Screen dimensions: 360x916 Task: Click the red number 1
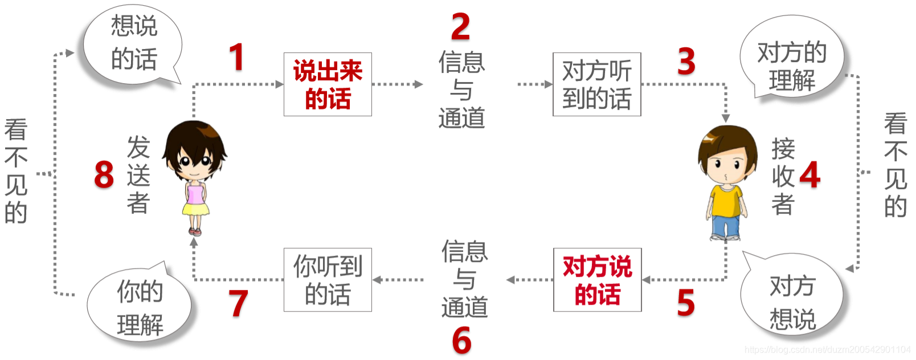coord(236,57)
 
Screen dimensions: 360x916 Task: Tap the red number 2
coord(460,27)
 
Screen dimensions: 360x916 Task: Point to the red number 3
coord(686,61)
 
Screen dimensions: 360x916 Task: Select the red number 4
coord(810,175)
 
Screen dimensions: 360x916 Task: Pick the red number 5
coord(686,302)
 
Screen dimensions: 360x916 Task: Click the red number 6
coord(462,341)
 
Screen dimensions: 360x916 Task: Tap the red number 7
coord(239,303)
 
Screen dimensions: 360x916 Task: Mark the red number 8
coord(104,174)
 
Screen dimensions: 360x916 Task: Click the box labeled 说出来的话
coord(328,84)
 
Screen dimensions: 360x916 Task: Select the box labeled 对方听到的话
coord(596,84)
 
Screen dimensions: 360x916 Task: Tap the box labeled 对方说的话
coord(597,280)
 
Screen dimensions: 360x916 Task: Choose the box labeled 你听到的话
coord(328,280)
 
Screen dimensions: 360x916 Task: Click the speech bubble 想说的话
coord(133,43)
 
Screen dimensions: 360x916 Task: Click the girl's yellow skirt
coord(195,209)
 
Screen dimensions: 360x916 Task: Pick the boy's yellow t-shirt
coord(726,200)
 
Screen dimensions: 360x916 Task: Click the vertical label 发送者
coord(138,175)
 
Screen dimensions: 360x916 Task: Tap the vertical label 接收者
coord(783,177)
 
